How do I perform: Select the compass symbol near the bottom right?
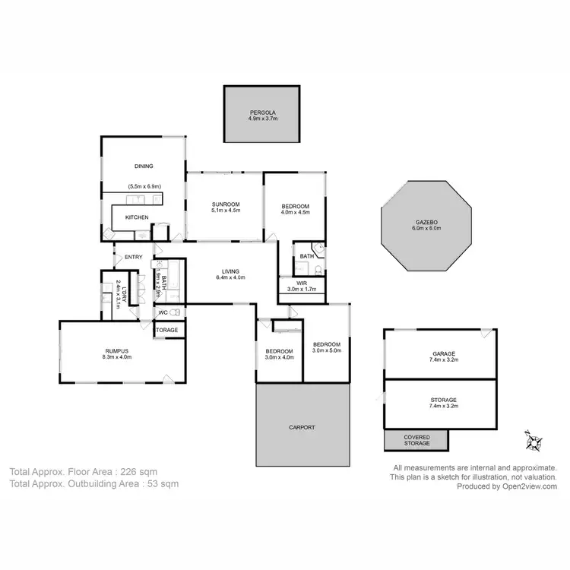point(532,439)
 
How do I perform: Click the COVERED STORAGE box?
point(416,439)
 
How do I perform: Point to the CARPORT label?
point(302,427)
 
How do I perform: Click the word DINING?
point(144,166)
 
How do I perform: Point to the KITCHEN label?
point(137,217)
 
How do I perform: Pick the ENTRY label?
point(133,257)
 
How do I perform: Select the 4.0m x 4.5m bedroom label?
point(295,211)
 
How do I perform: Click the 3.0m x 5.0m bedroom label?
point(327,347)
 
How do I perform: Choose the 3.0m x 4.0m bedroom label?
point(279,353)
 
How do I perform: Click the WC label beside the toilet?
point(163,312)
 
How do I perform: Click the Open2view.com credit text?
point(528,486)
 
